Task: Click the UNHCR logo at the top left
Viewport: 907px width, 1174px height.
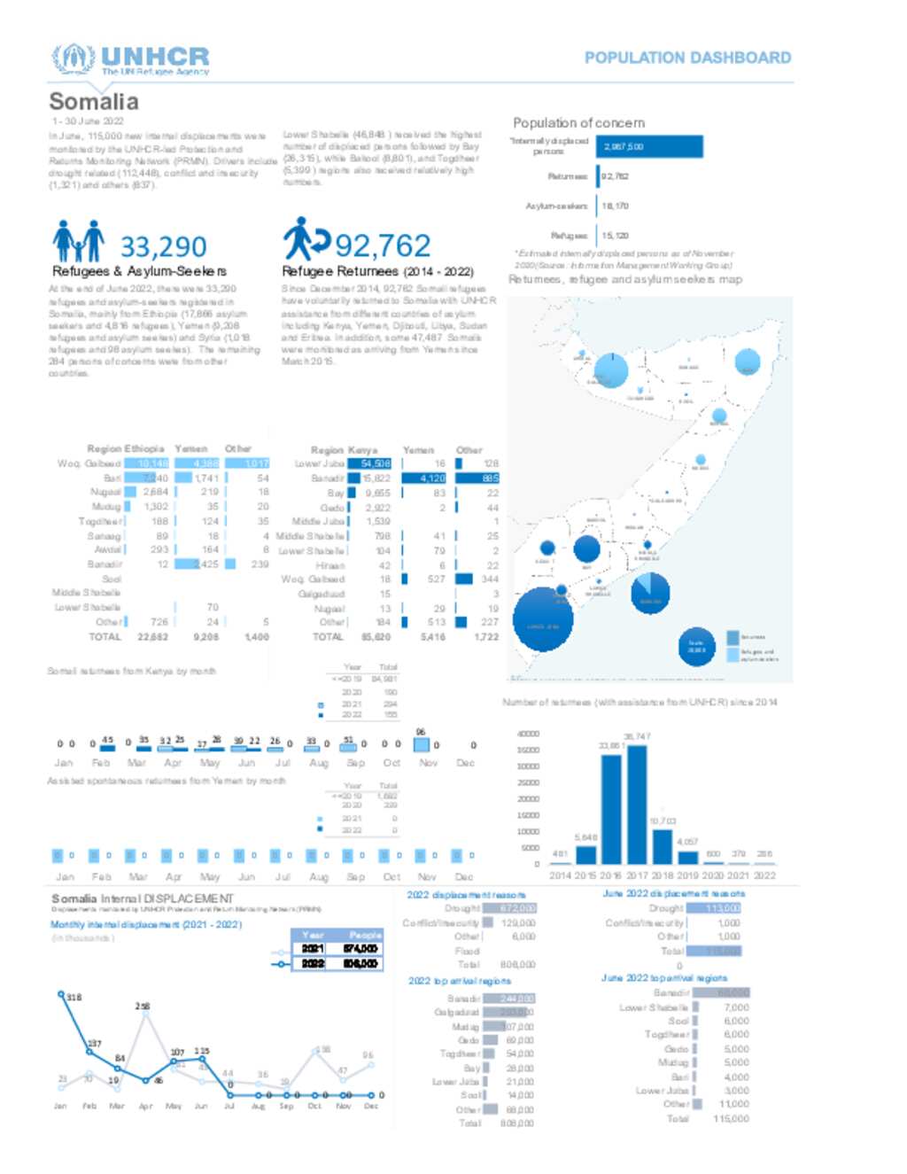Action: click(x=130, y=59)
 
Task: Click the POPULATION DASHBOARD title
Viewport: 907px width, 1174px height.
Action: click(x=687, y=58)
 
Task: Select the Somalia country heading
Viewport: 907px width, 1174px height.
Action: click(x=94, y=102)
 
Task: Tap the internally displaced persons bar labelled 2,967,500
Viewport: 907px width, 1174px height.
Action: click(x=651, y=147)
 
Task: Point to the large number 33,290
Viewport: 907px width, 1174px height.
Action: click(x=163, y=246)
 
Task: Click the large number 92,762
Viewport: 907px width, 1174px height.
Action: click(x=383, y=245)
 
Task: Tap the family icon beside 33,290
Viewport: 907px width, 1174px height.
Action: click(x=78, y=241)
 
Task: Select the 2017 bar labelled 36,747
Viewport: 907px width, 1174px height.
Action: click(x=637, y=805)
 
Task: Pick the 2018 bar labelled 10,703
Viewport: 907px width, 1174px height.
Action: click(x=662, y=846)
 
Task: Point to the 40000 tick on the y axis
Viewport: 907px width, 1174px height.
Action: click(x=528, y=734)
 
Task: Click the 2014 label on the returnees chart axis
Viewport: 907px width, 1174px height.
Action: click(x=560, y=875)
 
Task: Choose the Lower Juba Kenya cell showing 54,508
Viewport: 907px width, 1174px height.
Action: click(x=369, y=463)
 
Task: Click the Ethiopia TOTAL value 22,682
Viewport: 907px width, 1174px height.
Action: click(x=153, y=637)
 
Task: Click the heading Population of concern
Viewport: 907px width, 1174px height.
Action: click(x=578, y=123)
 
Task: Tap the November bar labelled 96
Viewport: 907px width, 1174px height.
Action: click(x=422, y=744)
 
